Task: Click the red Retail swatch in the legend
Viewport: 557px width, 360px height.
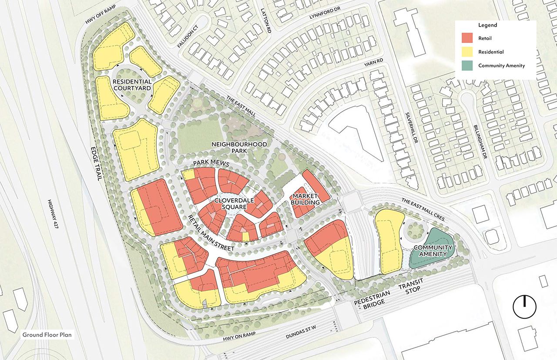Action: click(468, 38)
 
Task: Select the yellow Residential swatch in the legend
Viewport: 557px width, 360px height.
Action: click(468, 52)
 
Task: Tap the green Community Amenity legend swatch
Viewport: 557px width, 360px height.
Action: click(468, 66)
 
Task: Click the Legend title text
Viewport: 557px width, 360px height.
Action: click(487, 25)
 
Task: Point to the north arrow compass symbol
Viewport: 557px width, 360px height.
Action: click(524, 307)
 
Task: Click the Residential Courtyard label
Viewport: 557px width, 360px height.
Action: click(132, 85)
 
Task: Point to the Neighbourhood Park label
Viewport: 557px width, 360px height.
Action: click(239, 147)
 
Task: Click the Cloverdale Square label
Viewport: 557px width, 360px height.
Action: click(231, 204)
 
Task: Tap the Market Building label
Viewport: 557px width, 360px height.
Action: click(306, 199)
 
